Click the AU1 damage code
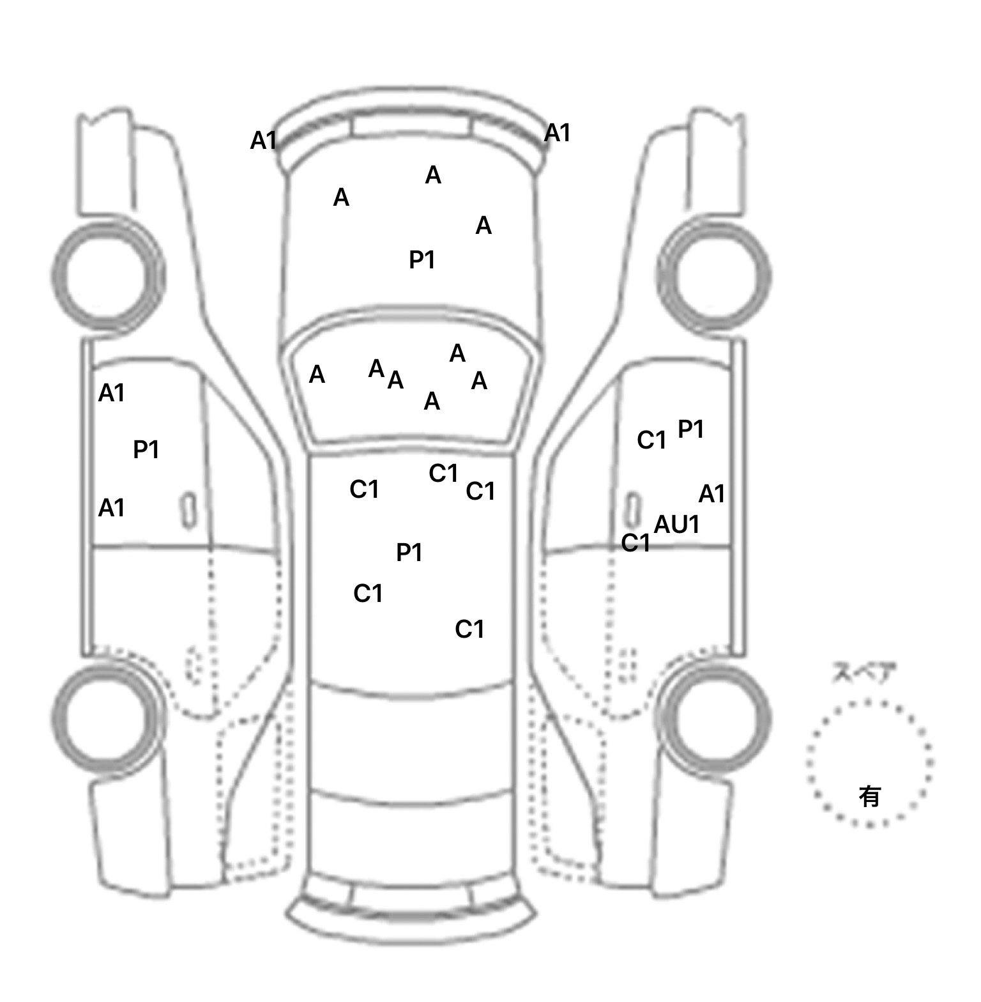tap(677, 525)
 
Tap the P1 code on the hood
tap(422, 260)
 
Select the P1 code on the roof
tap(409, 553)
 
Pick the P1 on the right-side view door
tap(690, 429)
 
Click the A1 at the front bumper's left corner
tap(263, 141)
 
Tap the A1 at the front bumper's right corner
tap(557, 134)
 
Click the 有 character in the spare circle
tap(869, 797)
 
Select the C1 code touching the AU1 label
tap(635, 543)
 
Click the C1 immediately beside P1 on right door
tap(651, 440)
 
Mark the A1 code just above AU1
tap(711, 494)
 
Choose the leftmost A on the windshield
tap(317, 374)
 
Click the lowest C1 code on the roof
tap(469, 630)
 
